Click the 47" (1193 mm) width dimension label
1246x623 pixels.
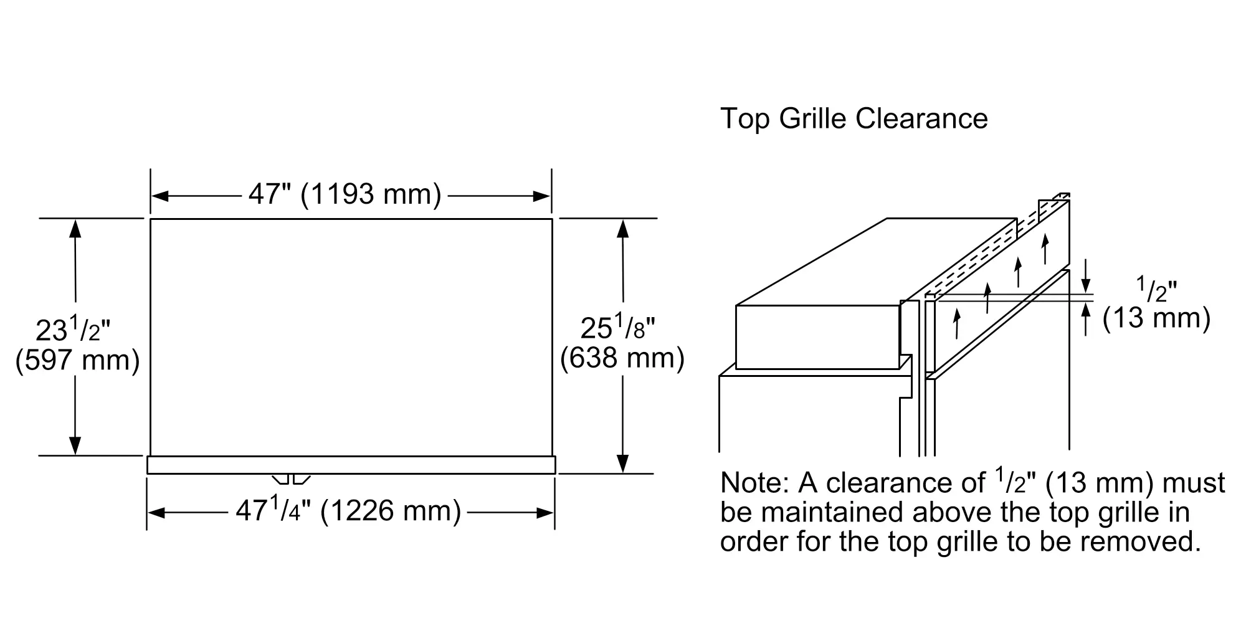[x=345, y=194]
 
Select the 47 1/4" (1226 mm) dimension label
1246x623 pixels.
[x=348, y=511]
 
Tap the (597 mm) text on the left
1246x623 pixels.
[x=77, y=360]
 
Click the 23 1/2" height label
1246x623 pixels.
[x=73, y=328]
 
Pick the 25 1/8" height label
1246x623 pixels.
[x=618, y=326]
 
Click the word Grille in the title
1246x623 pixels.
[x=813, y=118]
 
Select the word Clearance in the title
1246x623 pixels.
[x=921, y=118]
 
